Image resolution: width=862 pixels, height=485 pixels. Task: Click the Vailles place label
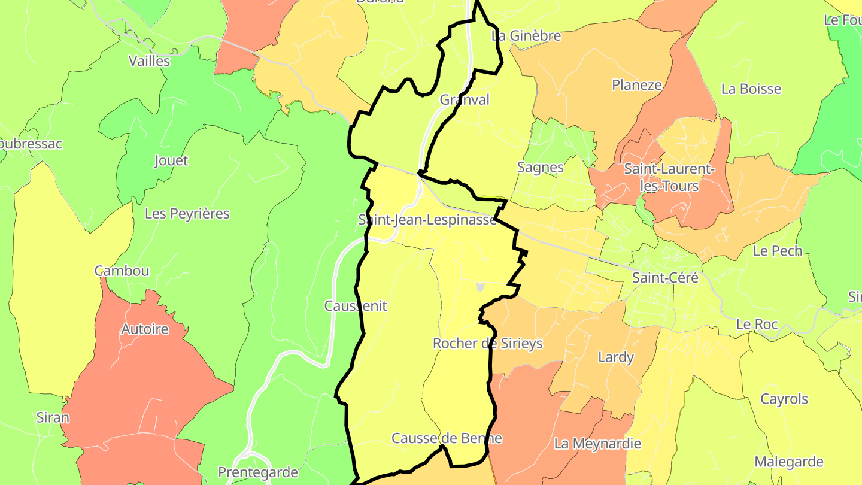pos(150,61)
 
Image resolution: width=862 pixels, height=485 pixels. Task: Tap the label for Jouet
pos(171,160)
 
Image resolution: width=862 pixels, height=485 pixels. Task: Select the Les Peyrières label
pos(187,214)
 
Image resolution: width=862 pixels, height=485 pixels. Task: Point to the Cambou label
pos(122,271)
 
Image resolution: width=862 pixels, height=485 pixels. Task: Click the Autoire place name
pos(145,329)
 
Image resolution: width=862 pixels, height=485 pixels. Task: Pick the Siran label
pos(53,417)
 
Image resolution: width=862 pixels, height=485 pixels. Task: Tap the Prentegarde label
pos(258,472)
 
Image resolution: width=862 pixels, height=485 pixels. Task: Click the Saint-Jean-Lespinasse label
pos(427,220)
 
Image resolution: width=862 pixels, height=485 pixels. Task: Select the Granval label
pos(465,100)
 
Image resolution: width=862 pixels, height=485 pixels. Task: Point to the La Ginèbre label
pos(526,35)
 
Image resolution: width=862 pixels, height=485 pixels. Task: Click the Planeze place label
pos(637,85)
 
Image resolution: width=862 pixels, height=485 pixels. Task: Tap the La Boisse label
pos(751,89)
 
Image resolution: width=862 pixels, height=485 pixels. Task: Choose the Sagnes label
pos(541,167)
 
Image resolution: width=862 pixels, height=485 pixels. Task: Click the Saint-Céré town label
pos(665,278)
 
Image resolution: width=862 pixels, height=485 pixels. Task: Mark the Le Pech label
pos(778,251)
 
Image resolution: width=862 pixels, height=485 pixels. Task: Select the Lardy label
pos(616,357)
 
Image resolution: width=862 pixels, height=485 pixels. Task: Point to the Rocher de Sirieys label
pos(488,343)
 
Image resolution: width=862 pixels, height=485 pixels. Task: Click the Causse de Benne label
pos(447,438)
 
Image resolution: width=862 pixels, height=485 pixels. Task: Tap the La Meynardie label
pos(597,444)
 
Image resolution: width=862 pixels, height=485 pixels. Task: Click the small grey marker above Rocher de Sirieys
pos(480,287)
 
